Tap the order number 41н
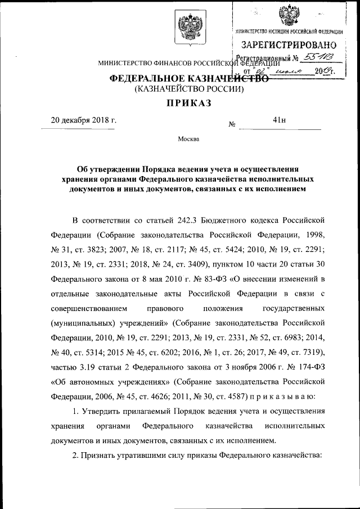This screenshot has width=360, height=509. [279, 120]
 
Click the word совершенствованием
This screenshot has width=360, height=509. [84, 308]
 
